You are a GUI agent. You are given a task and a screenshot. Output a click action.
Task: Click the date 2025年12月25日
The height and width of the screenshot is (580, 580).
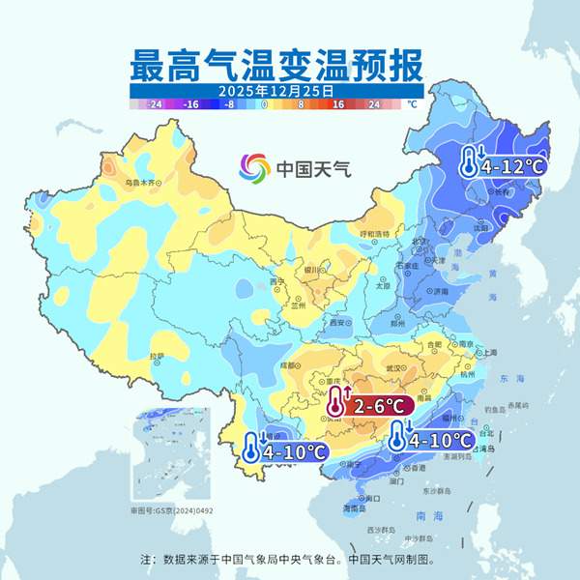point(276,90)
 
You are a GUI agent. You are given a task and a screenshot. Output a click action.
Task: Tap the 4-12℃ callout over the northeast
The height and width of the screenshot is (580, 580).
point(503,165)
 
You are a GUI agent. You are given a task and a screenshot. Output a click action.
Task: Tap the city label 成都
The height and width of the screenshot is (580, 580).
point(287,365)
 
